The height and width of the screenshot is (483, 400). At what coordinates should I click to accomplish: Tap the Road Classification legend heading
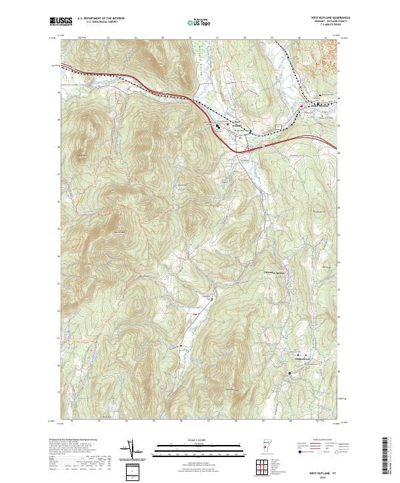pos(317,440)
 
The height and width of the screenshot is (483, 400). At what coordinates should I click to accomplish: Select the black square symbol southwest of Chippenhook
pos(289,373)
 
